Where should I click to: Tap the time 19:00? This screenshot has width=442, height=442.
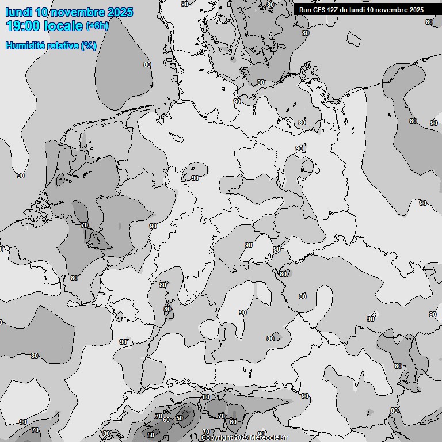click(x=24, y=26)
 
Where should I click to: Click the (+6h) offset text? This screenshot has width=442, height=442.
click(x=97, y=26)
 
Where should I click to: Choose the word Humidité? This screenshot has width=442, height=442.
click(x=24, y=45)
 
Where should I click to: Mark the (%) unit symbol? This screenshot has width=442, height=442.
click(x=89, y=45)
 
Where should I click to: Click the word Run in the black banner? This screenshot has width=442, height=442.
click(x=305, y=10)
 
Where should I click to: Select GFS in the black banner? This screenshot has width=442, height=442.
click(x=319, y=10)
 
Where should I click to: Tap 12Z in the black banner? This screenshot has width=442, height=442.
click(x=333, y=10)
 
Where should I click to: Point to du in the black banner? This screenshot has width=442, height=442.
click(x=346, y=10)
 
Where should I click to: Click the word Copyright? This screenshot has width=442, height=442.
click(x=217, y=438)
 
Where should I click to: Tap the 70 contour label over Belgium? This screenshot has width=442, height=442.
click(x=85, y=225)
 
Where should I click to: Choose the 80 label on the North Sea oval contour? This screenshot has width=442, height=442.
click(x=147, y=64)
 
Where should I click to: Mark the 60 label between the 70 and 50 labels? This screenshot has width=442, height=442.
click(x=167, y=419)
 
